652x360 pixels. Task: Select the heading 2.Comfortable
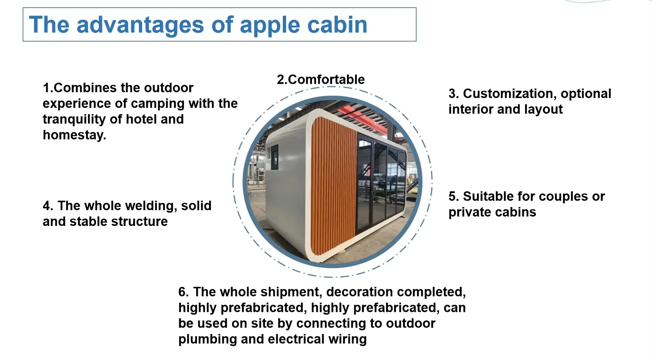coord(321,79)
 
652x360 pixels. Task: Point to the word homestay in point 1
coord(74,135)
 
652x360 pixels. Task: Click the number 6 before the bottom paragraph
coord(183,292)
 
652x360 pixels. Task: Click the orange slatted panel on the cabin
coord(333,186)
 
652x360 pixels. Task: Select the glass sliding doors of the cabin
coord(381,182)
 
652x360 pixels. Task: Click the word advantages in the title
coord(140,26)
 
